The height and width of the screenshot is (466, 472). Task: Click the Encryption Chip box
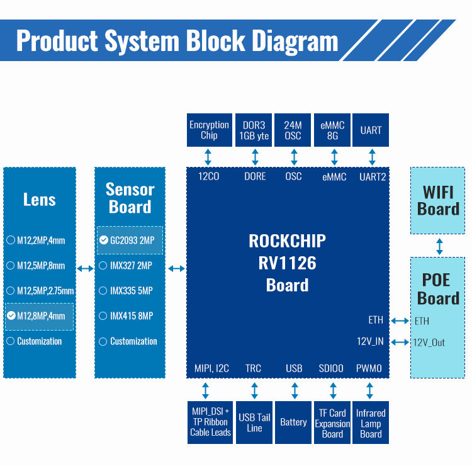tap(209, 130)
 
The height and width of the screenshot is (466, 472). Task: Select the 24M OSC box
tap(293, 130)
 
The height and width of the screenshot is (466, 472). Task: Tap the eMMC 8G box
tap(332, 130)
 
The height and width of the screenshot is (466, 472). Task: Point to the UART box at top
tap(371, 130)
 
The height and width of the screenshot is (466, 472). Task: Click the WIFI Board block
tap(438, 200)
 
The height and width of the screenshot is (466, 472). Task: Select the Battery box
tap(293, 422)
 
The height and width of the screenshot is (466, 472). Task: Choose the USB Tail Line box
tap(254, 422)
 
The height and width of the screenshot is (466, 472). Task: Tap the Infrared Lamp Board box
tap(371, 423)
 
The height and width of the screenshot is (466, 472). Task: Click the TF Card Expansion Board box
tap(332, 423)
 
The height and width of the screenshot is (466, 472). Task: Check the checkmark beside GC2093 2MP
tap(104, 240)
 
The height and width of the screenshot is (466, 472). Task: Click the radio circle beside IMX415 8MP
tap(103, 315)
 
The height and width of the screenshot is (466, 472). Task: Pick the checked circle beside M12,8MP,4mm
tap(11, 315)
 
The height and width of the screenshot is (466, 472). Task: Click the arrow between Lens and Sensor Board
tap(85, 269)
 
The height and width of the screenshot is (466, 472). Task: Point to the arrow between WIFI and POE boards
tap(439, 246)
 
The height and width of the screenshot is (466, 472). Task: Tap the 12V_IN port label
tap(370, 342)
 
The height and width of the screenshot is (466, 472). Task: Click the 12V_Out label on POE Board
tap(429, 343)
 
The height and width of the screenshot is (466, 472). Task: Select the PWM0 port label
tap(369, 368)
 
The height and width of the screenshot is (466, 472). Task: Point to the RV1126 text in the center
tap(287, 263)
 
